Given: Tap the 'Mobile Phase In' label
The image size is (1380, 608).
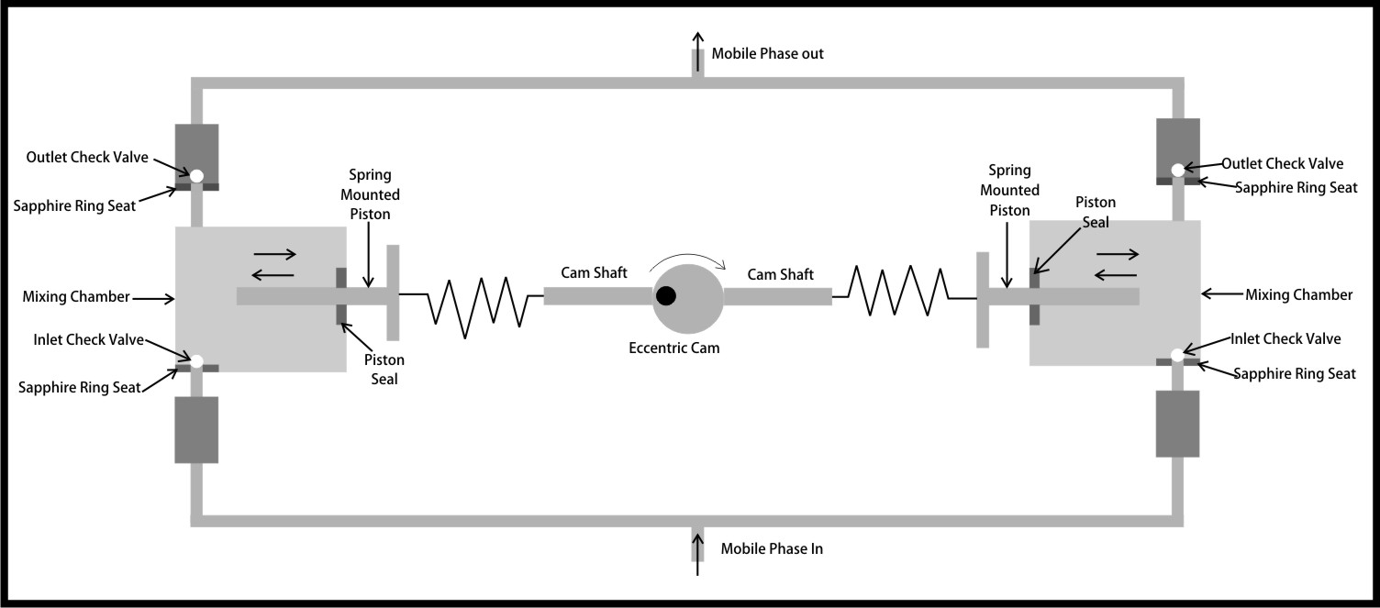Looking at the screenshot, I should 771,549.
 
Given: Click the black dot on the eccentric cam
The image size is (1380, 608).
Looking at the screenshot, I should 666,295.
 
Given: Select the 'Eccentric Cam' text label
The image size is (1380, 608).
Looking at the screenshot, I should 674,348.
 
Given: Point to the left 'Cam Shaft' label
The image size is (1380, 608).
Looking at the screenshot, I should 594,273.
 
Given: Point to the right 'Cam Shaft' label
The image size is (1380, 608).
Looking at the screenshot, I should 780,273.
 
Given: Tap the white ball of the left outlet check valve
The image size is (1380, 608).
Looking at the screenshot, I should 196,174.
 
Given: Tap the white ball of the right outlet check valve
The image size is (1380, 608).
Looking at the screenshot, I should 1177,170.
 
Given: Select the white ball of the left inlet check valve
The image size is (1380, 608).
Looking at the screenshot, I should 195,359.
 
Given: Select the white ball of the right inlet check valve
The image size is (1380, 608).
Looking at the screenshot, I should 1177,355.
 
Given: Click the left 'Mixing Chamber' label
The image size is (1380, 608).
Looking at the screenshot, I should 75,297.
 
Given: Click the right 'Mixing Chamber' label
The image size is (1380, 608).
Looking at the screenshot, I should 1298,295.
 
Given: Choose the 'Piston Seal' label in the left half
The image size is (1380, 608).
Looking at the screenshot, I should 384,370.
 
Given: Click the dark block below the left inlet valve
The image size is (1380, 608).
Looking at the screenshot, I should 196,429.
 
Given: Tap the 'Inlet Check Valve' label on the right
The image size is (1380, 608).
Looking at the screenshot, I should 1285,339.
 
